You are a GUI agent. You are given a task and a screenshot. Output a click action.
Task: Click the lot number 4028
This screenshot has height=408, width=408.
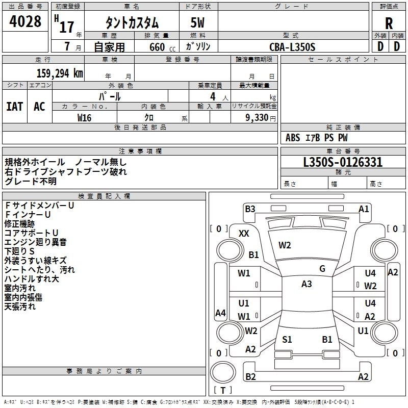[25, 22]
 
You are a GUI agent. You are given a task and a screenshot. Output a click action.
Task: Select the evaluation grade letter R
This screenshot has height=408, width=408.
[389, 23]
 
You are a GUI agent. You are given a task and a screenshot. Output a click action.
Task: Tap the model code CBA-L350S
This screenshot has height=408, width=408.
[292, 47]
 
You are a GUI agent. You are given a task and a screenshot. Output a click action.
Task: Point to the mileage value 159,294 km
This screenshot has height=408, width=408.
[60, 73]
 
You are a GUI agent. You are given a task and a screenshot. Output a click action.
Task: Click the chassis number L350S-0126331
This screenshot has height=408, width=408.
[343, 163]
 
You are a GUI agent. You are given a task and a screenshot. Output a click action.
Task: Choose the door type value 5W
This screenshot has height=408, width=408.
[198, 23]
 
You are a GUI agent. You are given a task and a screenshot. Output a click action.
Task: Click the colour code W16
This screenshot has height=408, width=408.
[84, 117]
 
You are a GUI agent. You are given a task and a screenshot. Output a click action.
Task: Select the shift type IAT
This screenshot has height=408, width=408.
[15, 107]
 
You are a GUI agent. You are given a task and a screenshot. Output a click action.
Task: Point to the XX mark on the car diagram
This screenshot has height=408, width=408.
[244, 233]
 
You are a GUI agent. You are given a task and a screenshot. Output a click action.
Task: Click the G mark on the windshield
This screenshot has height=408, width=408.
[322, 268]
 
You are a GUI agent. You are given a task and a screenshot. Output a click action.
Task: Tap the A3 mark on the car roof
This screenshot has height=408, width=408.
[307, 284]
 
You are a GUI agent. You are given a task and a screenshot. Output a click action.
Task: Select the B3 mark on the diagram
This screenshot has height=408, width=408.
[250, 209]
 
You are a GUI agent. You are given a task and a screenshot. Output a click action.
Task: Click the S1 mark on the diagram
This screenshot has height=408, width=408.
[287, 339]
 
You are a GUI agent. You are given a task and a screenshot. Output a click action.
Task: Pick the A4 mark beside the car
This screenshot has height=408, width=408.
[220, 313]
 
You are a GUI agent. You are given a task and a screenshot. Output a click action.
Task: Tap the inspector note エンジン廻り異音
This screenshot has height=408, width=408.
[35, 242]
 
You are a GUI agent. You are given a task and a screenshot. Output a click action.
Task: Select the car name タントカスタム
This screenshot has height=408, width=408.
[132, 23]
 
